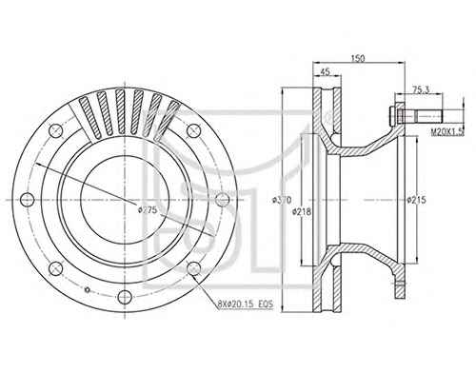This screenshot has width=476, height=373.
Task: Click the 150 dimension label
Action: coord(358,58)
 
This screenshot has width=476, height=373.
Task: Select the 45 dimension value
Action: coord(325,71)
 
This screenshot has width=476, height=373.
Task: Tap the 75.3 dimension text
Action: coord(421,89)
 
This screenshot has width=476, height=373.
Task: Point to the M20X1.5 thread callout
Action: coord(447,131)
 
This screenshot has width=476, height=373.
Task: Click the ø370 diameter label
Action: coord(282,200)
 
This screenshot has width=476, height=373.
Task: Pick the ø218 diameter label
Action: coord(302,211)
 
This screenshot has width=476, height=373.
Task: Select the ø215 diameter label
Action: coord(417,200)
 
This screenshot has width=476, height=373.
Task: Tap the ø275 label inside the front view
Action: coord(148,209)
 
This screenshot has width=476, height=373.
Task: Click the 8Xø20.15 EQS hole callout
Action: coord(246,304)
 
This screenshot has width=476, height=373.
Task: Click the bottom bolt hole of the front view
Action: coord(125,297)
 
